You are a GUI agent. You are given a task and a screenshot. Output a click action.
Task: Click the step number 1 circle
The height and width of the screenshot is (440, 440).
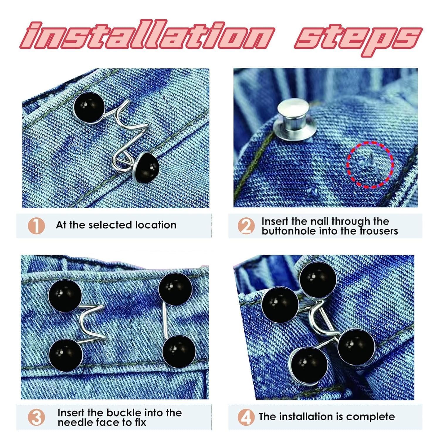[36, 226]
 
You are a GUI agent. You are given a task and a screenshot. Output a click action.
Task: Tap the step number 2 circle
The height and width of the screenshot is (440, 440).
[246, 226]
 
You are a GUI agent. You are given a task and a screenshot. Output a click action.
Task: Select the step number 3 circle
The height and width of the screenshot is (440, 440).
[36, 417]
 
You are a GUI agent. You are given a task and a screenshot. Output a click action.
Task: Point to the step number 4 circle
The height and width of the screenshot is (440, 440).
[246, 417]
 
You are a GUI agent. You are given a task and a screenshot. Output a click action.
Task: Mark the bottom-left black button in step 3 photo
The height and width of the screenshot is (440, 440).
[66, 355]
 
